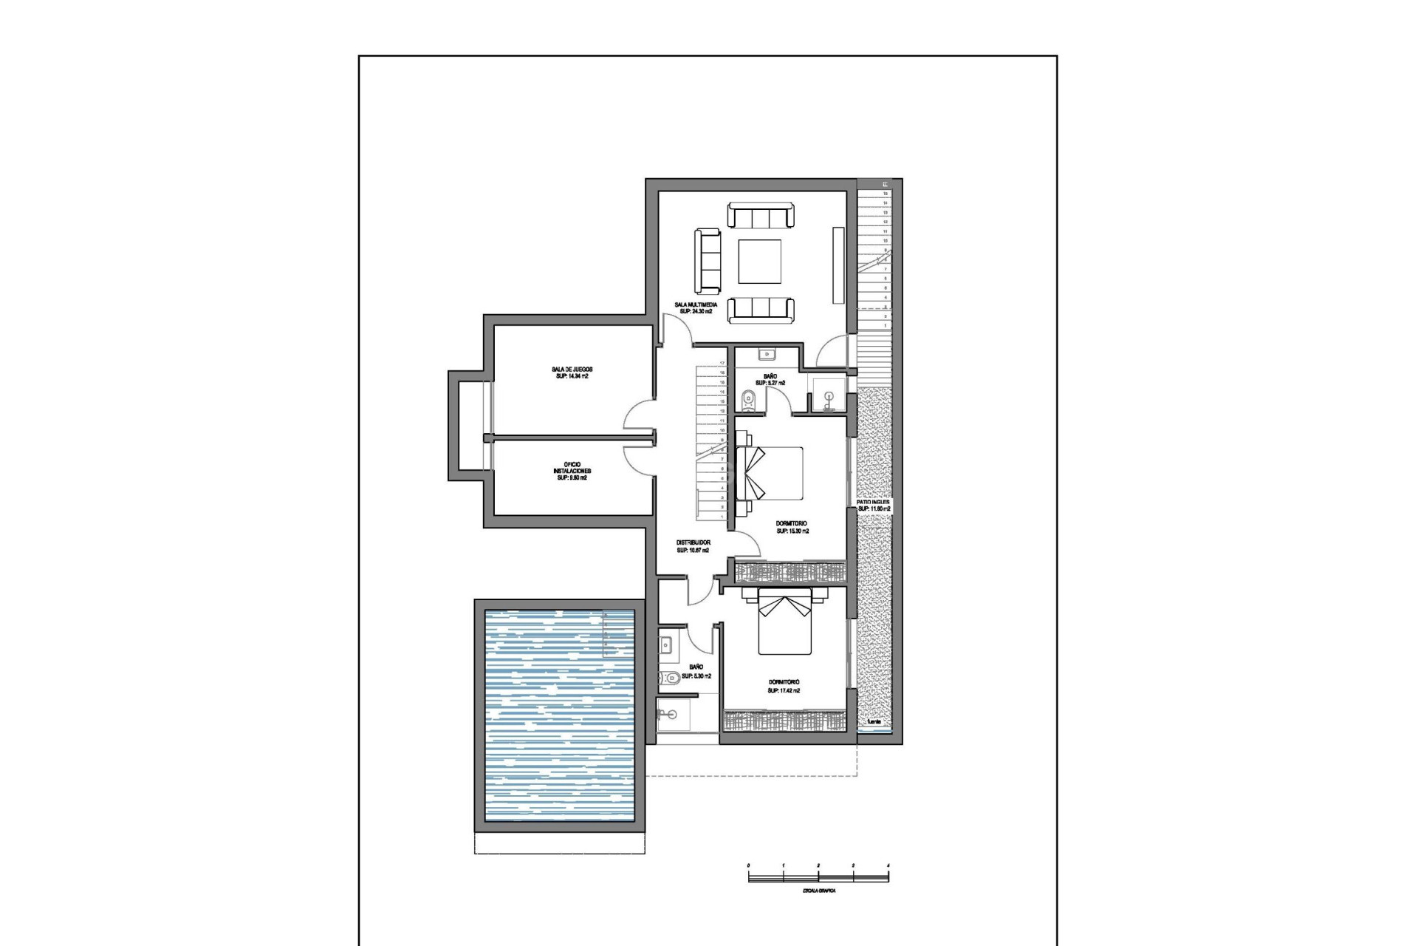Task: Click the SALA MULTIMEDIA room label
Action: point(695,304)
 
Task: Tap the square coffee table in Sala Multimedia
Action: point(760,262)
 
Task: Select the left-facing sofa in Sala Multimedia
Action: point(707,260)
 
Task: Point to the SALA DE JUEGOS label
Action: point(572,369)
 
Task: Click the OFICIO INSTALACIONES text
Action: point(572,468)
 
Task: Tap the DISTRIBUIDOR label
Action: point(693,542)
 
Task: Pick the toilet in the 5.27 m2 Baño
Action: point(748,400)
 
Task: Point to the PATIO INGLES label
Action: point(873,502)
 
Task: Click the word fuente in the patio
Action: point(874,721)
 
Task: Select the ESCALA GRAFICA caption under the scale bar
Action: point(818,891)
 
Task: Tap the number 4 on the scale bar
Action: point(888,865)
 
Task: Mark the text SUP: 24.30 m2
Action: point(695,312)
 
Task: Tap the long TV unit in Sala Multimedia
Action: point(838,265)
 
